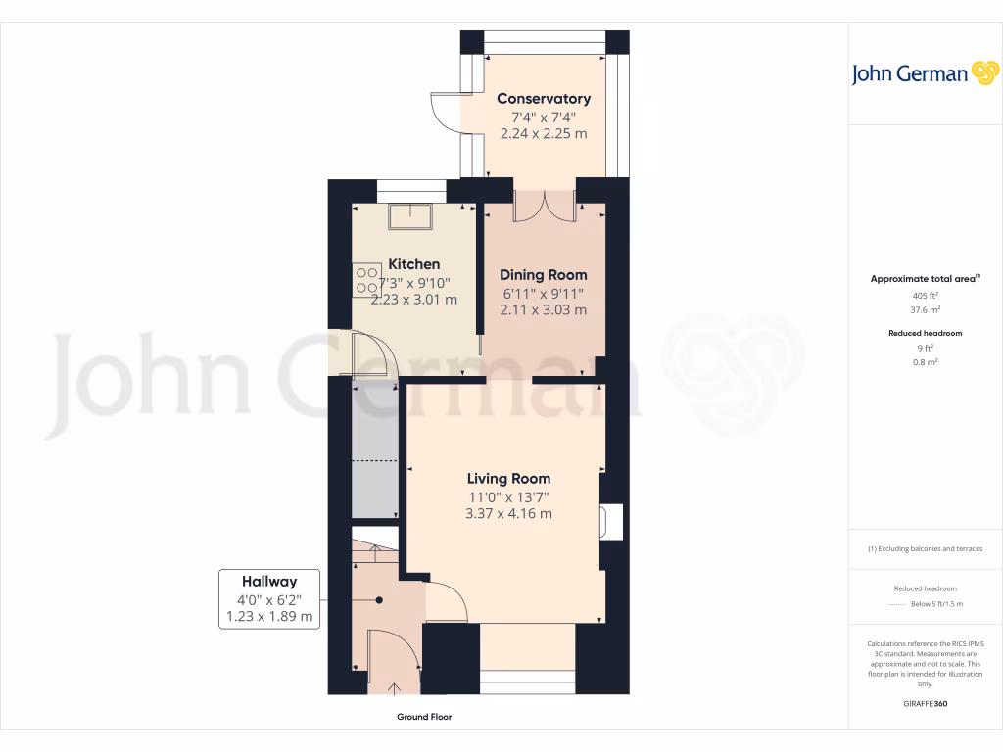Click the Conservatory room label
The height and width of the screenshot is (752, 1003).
click(x=544, y=99)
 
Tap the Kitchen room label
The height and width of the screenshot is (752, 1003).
click(x=414, y=264)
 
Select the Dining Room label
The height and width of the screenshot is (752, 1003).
click(x=544, y=275)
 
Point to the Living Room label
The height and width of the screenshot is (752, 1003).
click(x=508, y=479)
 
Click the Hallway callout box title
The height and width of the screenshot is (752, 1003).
click(x=269, y=581)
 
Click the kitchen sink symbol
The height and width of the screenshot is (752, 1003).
click(x=407, y=215)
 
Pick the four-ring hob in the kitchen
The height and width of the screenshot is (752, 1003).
click(x=367, y=280)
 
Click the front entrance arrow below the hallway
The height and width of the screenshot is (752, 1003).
click(x=395, y=688)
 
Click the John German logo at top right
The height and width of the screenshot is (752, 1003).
click(x=924, y=73)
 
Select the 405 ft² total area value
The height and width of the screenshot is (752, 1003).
click(x=925, y=295)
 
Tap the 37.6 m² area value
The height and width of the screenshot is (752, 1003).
click(x=925, y=309)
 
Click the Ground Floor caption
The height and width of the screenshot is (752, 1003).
click(x=424, y=717)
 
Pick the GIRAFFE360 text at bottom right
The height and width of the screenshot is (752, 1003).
click(x=925, y=704)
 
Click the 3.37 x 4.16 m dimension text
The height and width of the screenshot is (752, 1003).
click(x=508, y=513)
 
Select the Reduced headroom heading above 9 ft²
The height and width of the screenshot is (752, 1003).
click(x=925, y=333)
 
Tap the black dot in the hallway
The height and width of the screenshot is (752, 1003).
click(x=378, y=600)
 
